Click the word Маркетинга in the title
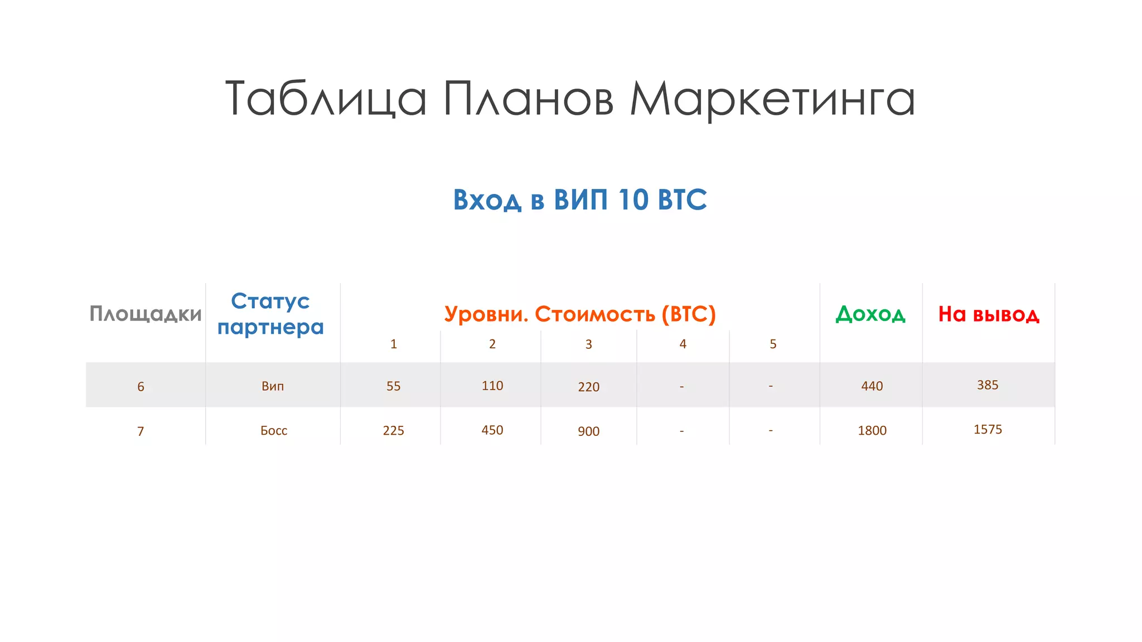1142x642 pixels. click(772, 99)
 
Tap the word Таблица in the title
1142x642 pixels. click(326, 99)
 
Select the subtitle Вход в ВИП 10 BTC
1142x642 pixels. click(580, 200)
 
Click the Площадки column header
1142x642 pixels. click(146, 314)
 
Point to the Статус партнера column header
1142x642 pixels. click(270, 314)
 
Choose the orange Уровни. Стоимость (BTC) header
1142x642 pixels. click(580, 314)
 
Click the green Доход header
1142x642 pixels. click(870, 314)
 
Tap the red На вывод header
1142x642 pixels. click(989, 314)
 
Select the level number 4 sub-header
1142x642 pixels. click(683, 344)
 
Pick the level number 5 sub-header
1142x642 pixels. click(773, 344)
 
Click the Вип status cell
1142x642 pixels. click(273, 386)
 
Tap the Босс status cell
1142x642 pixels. click(274, 431)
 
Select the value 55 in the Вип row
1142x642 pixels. click(393, 386)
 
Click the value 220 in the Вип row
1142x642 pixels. click(588, 387)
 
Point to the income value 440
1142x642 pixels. click(872, 386)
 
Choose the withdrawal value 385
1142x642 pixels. click(988, 385)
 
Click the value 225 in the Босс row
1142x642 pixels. click(393, 431)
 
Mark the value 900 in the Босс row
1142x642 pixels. click(588, 431)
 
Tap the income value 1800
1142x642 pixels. click(872, 431)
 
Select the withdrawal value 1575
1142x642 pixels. click(988, 430)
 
